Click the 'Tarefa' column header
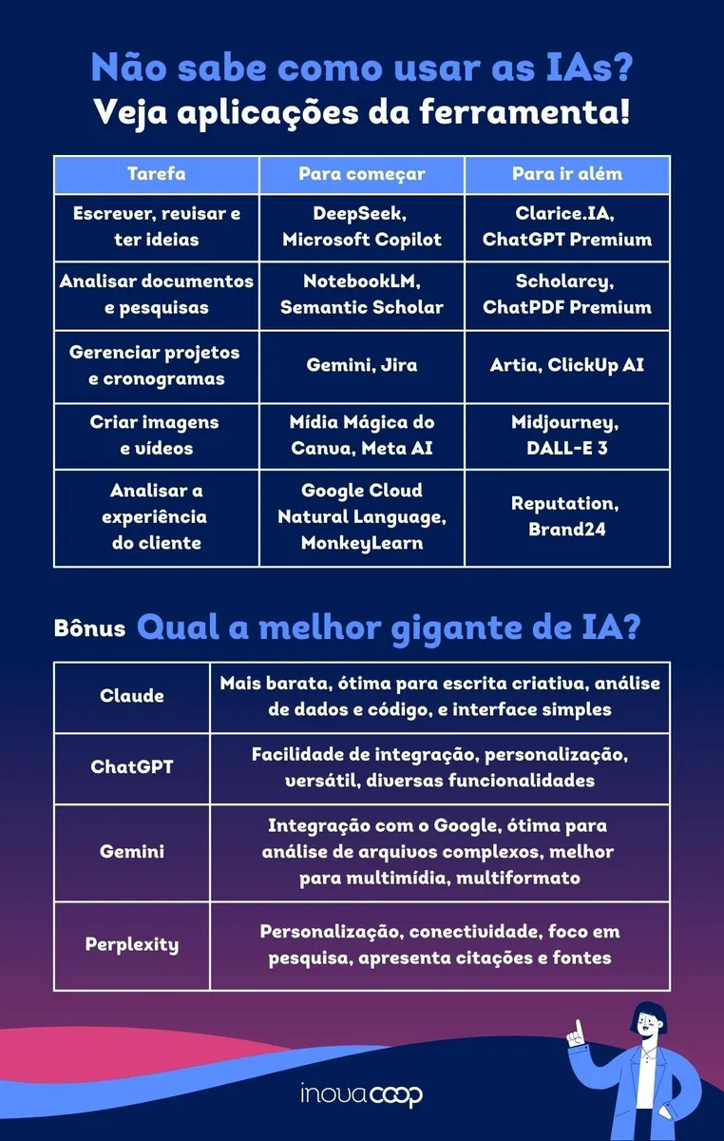point(156,175)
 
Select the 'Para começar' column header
point(362,175)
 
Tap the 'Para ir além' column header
point(567,175)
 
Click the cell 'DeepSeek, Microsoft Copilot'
point(362,227)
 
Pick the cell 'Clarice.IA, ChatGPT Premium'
point(567,227)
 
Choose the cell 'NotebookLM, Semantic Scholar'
point(362,295)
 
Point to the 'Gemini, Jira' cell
point(362,365)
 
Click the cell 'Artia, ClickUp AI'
point(567,365)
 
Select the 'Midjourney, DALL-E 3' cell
point(567,435)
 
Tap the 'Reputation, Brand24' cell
point(567,516)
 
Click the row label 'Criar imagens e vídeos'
point(156,435)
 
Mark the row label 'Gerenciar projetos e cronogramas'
point(156,365)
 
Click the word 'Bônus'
point(90,629)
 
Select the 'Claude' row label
point(132,696)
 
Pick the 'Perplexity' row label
point(132,945)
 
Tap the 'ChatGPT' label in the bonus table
point(132,766)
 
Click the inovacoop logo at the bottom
point(361,1094)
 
